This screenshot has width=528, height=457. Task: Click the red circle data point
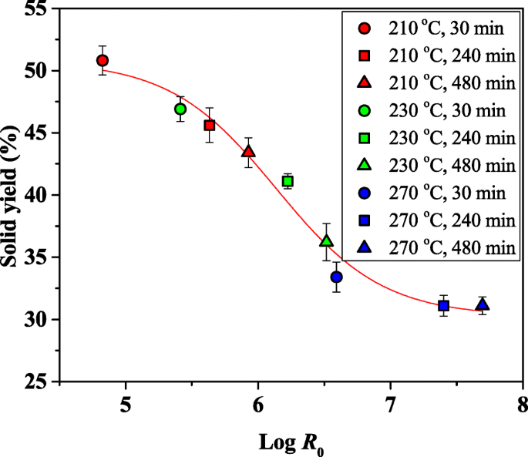103,60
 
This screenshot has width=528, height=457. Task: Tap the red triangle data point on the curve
248,151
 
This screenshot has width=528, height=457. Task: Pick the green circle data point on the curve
180,109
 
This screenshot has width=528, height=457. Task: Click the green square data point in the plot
288,181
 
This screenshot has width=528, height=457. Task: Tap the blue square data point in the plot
443,305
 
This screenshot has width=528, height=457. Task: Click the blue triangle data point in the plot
483,304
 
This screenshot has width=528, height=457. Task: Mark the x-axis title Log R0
291,444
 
